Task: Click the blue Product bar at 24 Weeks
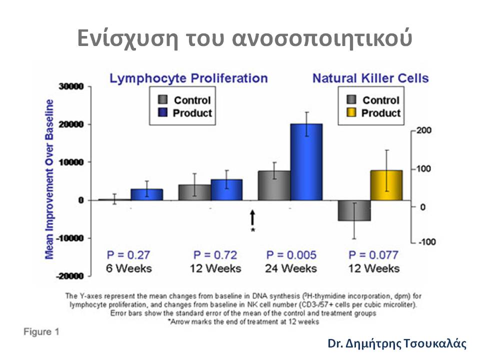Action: [306, 161]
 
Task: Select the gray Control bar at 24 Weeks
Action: [274, 185]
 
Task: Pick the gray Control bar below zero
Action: [354, 210]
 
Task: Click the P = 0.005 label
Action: [291, 254]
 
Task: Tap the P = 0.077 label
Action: [374, 254]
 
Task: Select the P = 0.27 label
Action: [129, 254]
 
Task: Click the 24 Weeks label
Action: [291, 268]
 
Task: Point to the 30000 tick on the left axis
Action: [72, 86]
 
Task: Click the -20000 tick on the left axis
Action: [71, 276]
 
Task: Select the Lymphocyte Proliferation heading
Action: [189, 78]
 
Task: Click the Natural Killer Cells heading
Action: [370, 78]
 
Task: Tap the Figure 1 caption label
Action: [41, 331]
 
